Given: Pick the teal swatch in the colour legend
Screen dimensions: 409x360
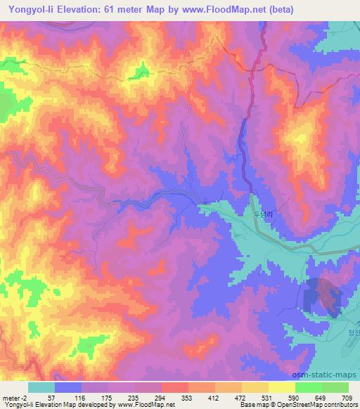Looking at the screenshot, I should tap(41, 387).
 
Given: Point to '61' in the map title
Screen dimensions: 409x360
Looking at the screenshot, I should tap(109, 9).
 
